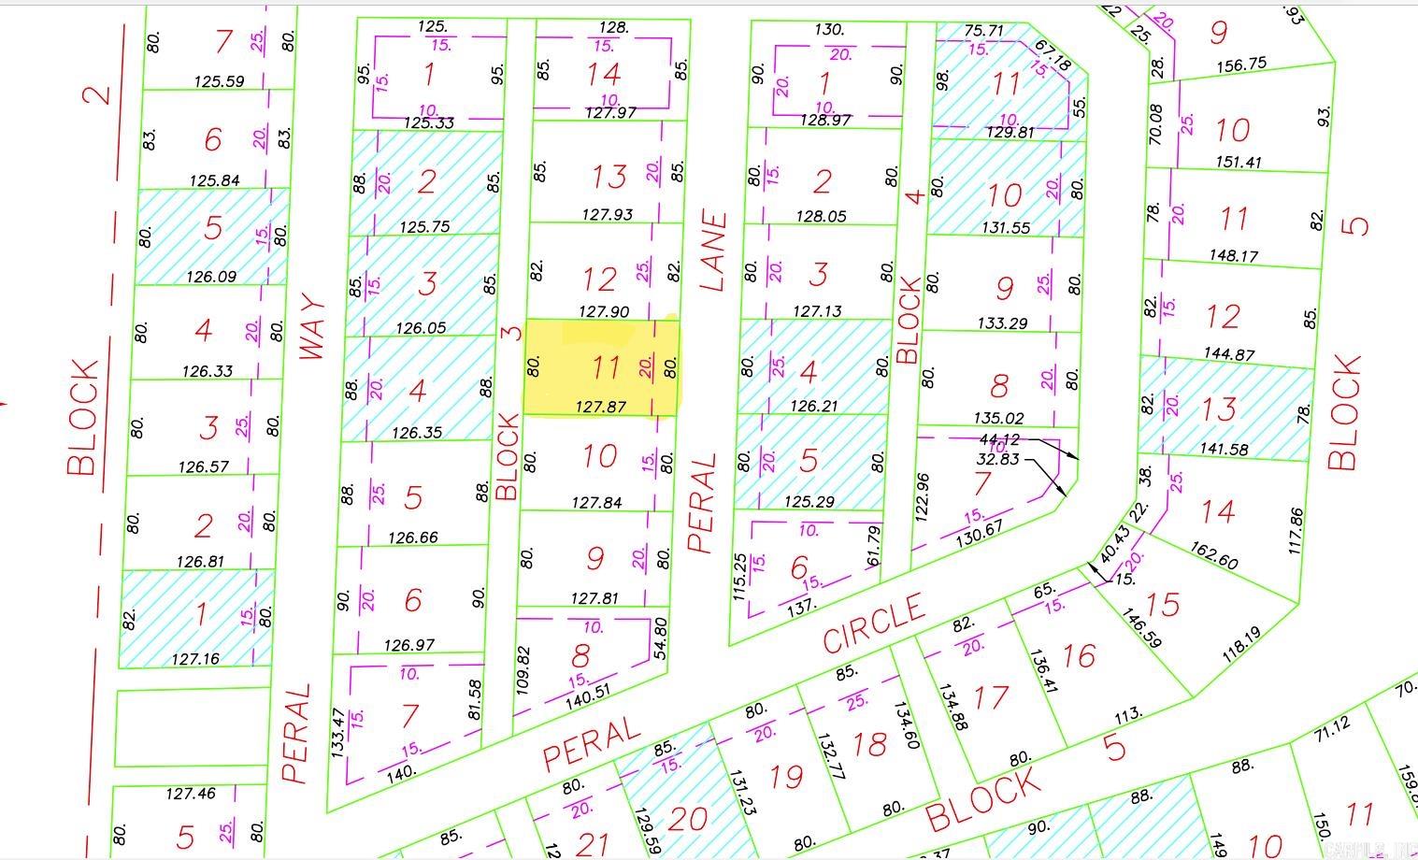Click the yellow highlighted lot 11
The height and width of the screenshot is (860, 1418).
coord(600,366)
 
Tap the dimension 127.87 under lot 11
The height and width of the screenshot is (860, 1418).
coord(600,407)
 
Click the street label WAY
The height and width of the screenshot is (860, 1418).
coord(313,327)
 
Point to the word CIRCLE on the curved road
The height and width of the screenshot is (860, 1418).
coord(874,624)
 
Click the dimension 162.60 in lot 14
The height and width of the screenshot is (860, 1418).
coord(1214,556)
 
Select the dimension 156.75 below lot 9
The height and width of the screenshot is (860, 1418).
coord(1241,64)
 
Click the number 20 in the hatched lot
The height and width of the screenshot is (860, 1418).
coord(688,819)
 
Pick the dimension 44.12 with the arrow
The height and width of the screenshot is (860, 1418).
coord(999,439)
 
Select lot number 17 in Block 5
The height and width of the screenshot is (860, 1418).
coord(991,697)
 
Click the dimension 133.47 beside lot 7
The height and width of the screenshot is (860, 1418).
coord(338,731)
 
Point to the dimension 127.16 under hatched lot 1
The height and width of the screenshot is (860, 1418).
coord(195,659)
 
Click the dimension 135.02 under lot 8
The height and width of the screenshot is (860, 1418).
coord(998,418)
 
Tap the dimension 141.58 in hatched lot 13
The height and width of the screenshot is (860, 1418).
coord(1224,449)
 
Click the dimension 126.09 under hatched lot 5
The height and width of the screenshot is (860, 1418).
coord(211,277)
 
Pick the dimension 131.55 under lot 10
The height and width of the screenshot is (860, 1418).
coord(1006,227)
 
